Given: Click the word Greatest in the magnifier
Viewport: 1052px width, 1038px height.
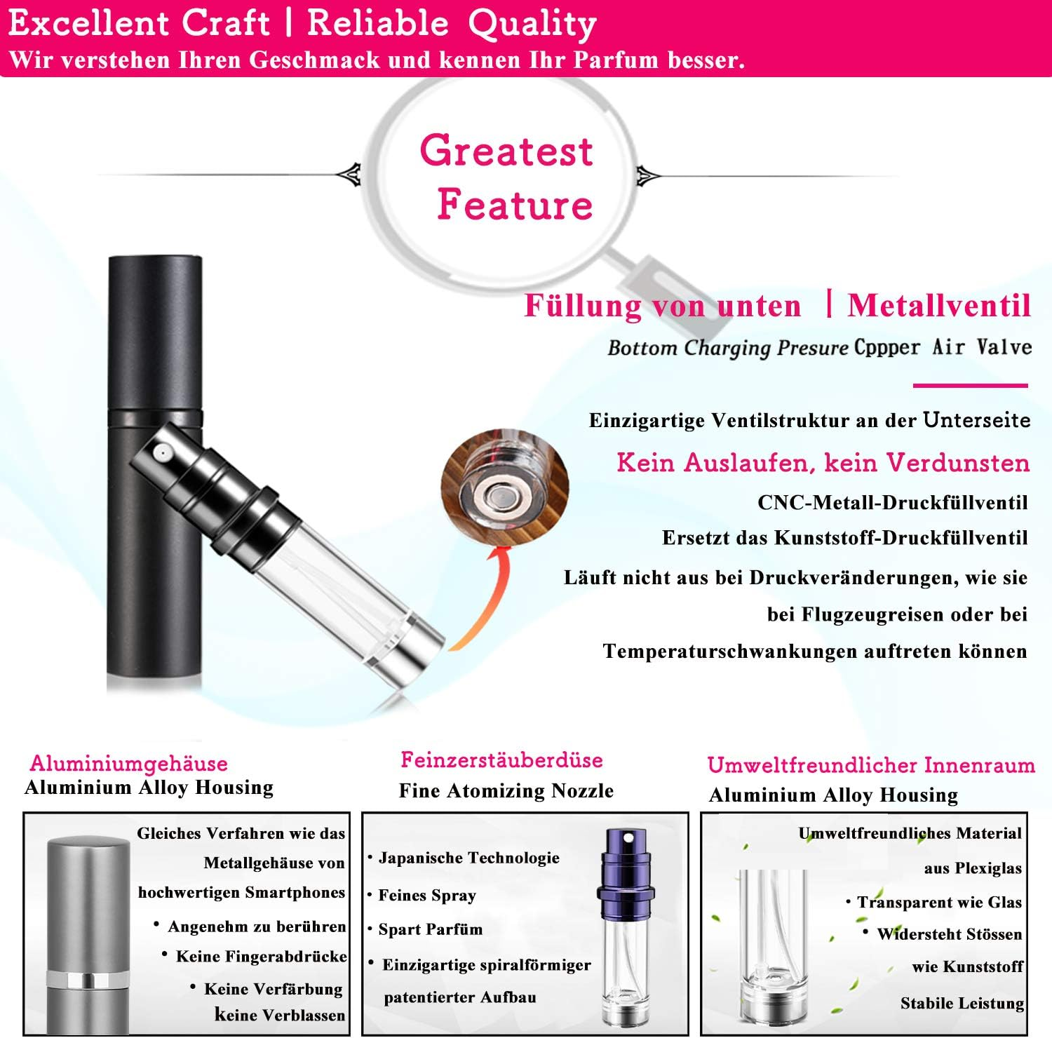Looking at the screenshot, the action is coord(506,150).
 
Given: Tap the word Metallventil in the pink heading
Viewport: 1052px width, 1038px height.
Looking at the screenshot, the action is coord(939,306).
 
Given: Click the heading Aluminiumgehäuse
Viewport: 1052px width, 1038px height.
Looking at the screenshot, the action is coord(129,763).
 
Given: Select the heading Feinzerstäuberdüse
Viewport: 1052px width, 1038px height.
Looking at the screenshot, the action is coord(501,760).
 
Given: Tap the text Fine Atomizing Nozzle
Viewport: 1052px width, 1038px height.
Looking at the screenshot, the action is coord(506,791).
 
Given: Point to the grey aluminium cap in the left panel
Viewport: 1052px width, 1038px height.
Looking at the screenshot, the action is coord(88,904).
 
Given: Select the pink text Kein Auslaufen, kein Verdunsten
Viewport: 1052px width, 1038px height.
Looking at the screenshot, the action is coord(823,463).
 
